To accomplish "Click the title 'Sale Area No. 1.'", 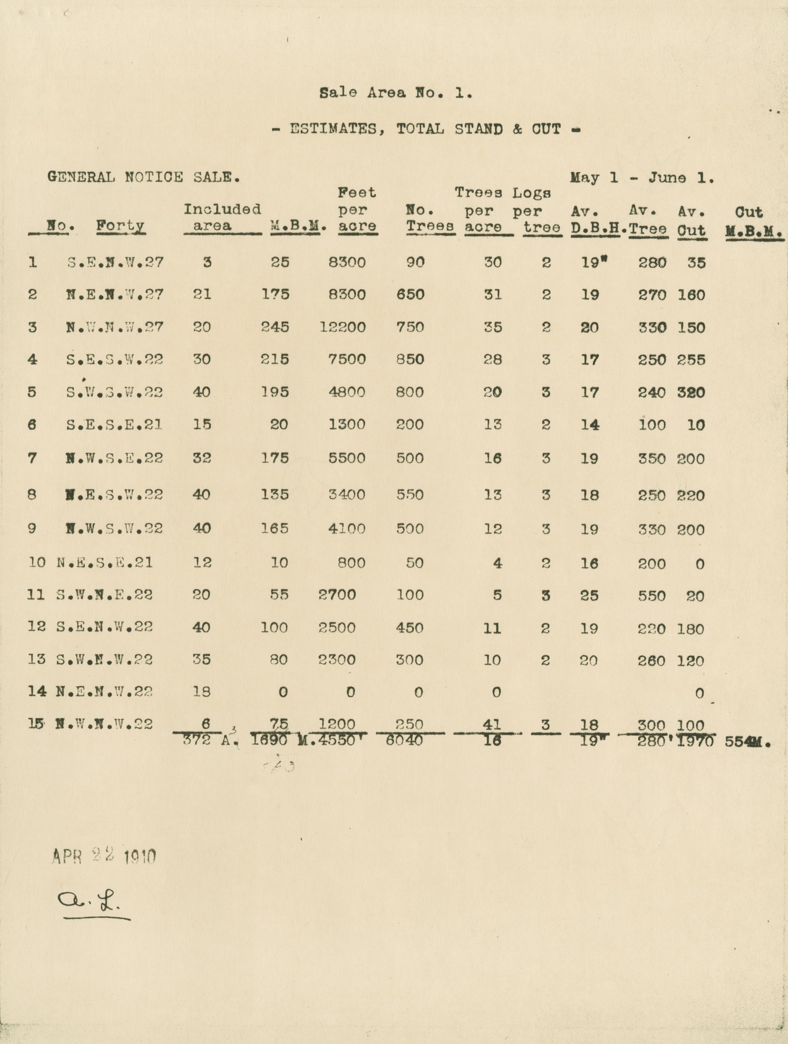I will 396,93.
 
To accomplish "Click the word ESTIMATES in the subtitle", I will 334,129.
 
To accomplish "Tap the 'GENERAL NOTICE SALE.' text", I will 143,178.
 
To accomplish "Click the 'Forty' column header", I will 120,226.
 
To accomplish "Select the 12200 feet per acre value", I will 342,327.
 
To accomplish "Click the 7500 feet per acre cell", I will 347,360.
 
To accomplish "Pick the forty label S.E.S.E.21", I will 114,425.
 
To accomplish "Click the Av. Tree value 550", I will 652,595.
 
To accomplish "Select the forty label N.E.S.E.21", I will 104,563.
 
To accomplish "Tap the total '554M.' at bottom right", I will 748,742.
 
